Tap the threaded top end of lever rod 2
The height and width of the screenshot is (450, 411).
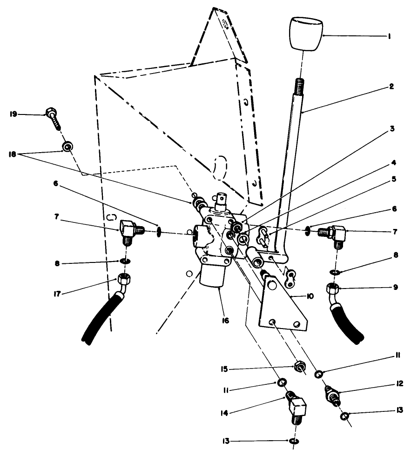(x=299, y=86)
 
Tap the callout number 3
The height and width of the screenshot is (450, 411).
(x=392, y=129)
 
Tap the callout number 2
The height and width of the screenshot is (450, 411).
(x=392, y=87)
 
